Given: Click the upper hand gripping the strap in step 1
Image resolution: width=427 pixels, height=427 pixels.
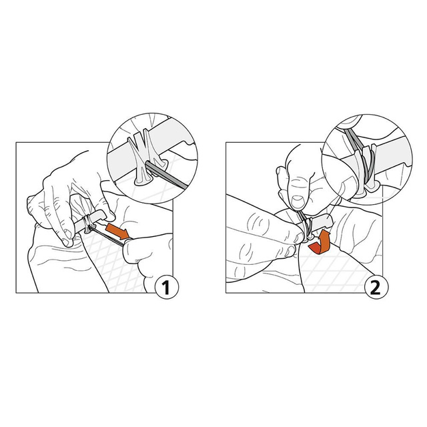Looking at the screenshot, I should point(70,193).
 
